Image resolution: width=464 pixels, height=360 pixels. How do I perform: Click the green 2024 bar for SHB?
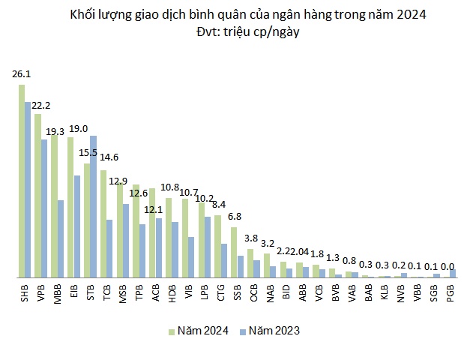22,181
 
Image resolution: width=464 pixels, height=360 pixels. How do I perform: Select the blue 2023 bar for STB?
93,206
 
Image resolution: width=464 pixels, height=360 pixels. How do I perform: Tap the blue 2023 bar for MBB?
61,238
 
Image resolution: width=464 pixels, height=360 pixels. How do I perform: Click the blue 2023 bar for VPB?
44,208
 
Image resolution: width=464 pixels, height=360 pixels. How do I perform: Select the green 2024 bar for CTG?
217,246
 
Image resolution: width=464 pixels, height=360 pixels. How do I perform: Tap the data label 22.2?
40,105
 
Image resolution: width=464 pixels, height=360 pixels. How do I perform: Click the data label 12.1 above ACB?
154,208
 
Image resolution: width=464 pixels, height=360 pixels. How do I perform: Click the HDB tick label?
172,292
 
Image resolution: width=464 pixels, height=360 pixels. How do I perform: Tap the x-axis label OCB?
254,292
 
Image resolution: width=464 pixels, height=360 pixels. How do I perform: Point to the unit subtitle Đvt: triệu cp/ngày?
232,33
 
